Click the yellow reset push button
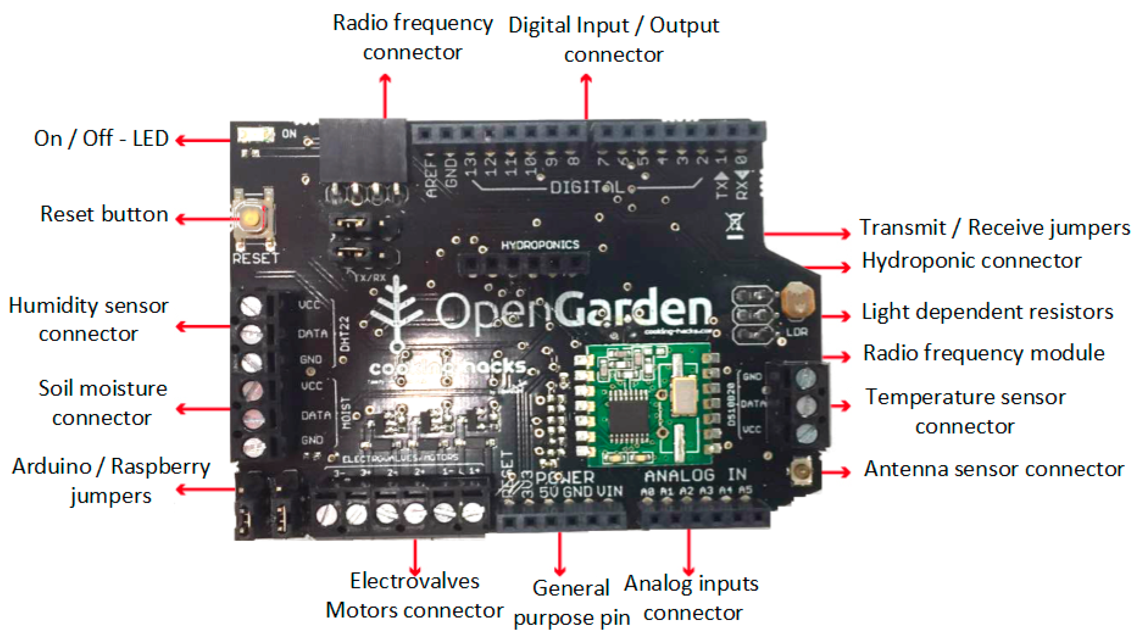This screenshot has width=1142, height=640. (251, 218)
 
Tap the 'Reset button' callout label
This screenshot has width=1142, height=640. (104, 214)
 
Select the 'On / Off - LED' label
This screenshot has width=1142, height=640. (101, 138)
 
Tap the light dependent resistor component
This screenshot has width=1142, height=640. (798, 300)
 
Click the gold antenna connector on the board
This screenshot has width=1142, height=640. (802, 471)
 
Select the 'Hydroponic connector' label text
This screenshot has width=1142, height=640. (971, 261)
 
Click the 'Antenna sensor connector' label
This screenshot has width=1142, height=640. (993, 469)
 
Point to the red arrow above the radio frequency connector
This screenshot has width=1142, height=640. (385, 95)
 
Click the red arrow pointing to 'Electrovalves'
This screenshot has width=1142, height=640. (415, 557)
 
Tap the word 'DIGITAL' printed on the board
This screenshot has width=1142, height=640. (586, 188)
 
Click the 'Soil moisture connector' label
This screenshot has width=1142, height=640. (102, 403)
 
